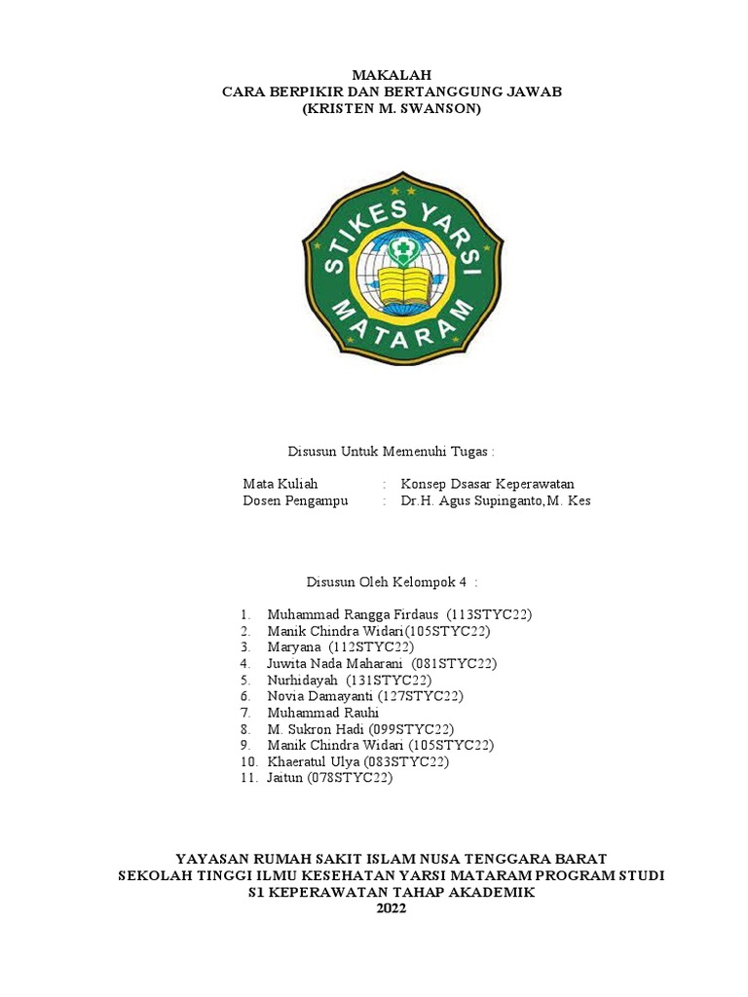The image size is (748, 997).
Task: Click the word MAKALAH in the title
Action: [x=391, y=75]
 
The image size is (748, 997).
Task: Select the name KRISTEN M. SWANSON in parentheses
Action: [x=392, y=109]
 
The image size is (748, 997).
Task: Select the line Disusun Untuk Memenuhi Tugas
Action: [x=391, y=452]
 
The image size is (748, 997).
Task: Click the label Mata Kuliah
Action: [x=280, y=484]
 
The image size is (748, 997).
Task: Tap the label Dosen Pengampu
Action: [x=295, y=501]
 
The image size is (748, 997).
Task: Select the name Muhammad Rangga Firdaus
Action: [x=354, y=614]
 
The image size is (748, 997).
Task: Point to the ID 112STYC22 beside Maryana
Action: [x=372, y=647]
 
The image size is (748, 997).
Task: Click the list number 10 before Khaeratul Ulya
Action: [x=247, y=762]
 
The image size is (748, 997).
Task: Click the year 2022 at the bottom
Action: [x=391, y=908]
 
